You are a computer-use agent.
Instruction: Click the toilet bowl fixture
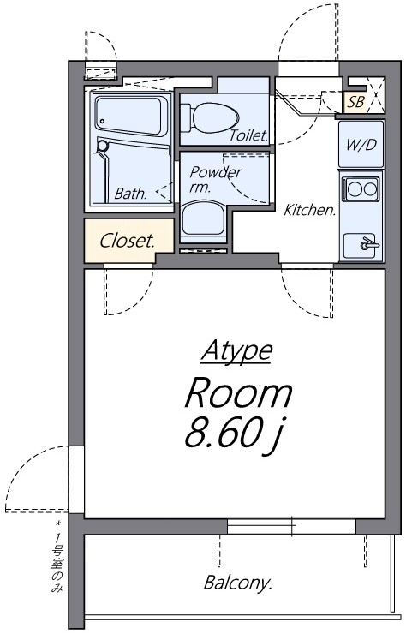(x=210, y=117)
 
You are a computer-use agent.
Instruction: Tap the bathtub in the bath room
(x=131, y=117)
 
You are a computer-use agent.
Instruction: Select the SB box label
(x=355, y=102)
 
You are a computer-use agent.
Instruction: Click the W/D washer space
(x=361, y=144)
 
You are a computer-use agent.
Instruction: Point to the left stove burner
(x=355, y=188)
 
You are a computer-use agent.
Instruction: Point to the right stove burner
(x=370, y=188)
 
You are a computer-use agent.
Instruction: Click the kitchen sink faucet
(x=369, y=244)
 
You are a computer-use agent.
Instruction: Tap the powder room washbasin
(x=203, y=219)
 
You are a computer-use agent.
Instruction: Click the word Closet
(x=128, y=241)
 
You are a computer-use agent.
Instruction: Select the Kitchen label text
(x=310, y=210)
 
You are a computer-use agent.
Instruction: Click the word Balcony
(x=237, y=583)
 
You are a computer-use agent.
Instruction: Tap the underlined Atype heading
(x=237, y=350)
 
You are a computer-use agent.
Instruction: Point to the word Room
(x=238, y=392)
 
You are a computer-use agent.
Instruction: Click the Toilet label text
(x=248, y=135)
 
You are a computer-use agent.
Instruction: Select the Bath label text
(x=130, y=194)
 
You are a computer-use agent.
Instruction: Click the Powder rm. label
(x=216, y=179)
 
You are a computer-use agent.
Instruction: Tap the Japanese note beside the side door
(x=57, y=557)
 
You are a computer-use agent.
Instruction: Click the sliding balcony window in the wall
(x=291, y=526)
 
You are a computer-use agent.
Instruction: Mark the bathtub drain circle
(x=102, y=121)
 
